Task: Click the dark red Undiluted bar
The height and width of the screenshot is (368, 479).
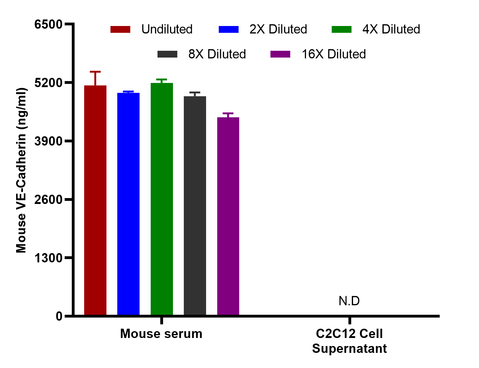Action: coord(95,200)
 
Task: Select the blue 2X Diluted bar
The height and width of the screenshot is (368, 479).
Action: coord(128,204)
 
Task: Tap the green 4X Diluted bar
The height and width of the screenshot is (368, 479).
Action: coord(162,199)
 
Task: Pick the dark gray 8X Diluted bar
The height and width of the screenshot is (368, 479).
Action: coord(195,206)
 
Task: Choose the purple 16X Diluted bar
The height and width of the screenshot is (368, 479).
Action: coord(228,216)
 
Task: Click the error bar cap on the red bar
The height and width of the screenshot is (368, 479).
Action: coord(95,72)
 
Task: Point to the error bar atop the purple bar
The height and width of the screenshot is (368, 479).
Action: coord(228,115)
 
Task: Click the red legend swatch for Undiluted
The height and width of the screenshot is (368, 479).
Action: coord(120,29)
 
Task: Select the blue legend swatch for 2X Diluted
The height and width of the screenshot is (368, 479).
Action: coord(229,29)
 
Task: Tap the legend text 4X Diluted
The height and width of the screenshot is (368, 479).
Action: coord(391,29)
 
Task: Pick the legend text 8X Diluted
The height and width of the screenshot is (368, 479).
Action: coord(217,54)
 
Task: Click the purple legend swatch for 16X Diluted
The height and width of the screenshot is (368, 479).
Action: coord(280,54)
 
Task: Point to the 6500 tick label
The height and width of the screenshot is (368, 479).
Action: coord(49,24)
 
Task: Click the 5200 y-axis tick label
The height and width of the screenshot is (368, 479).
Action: coord(49,83)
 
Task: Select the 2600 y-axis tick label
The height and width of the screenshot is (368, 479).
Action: coord(49,200)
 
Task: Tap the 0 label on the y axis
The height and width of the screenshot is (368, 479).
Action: coord(59,316)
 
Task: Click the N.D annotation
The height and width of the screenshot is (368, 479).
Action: coord(349,301)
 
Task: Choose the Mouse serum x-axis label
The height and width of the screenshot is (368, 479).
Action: coord(161,334)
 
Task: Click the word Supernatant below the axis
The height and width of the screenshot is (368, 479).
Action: coord(349,349)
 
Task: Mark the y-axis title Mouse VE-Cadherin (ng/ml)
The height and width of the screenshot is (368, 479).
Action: coord(21,170)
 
